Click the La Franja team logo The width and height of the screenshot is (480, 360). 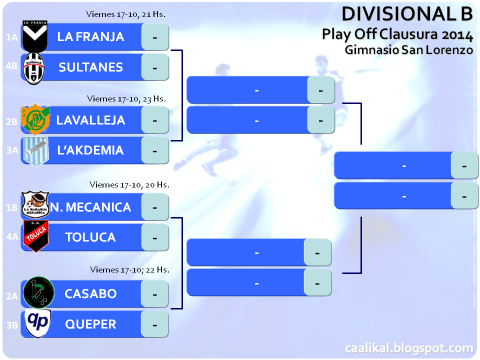click(35, 36)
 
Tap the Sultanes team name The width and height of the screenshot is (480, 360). click(90, 67)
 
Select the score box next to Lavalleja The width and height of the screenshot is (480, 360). click(154, 120)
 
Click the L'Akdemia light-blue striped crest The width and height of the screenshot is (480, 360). click(35, 150)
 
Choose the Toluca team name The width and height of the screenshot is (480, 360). click(90, 237)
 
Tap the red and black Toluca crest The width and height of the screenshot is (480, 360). click(35, 236)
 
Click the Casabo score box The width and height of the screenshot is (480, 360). click(154, 293)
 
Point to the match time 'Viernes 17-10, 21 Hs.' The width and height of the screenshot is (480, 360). click(125, 14)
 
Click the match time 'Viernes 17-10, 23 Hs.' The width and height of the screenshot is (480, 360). click(126, 98)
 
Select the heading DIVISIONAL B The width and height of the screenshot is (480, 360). click(407, 14)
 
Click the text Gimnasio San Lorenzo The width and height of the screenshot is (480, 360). click(408, 50)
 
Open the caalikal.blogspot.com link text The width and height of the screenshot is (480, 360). click(408, 348)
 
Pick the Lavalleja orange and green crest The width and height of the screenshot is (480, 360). click(35, 119)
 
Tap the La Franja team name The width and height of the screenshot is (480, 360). click(90, 36)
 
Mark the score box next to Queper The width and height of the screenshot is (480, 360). click(154, 324)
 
